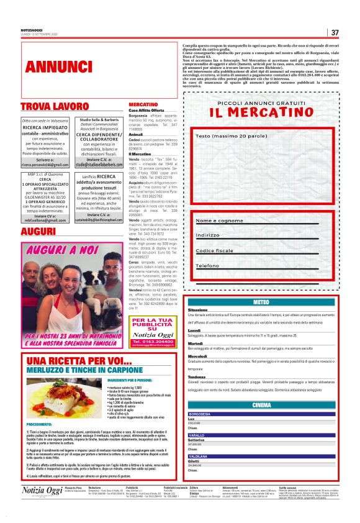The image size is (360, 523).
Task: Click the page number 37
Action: click(x=335, y=32)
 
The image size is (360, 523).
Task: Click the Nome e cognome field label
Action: click(x=219, y=221)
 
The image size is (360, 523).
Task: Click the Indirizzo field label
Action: click(x=208, y=235)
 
